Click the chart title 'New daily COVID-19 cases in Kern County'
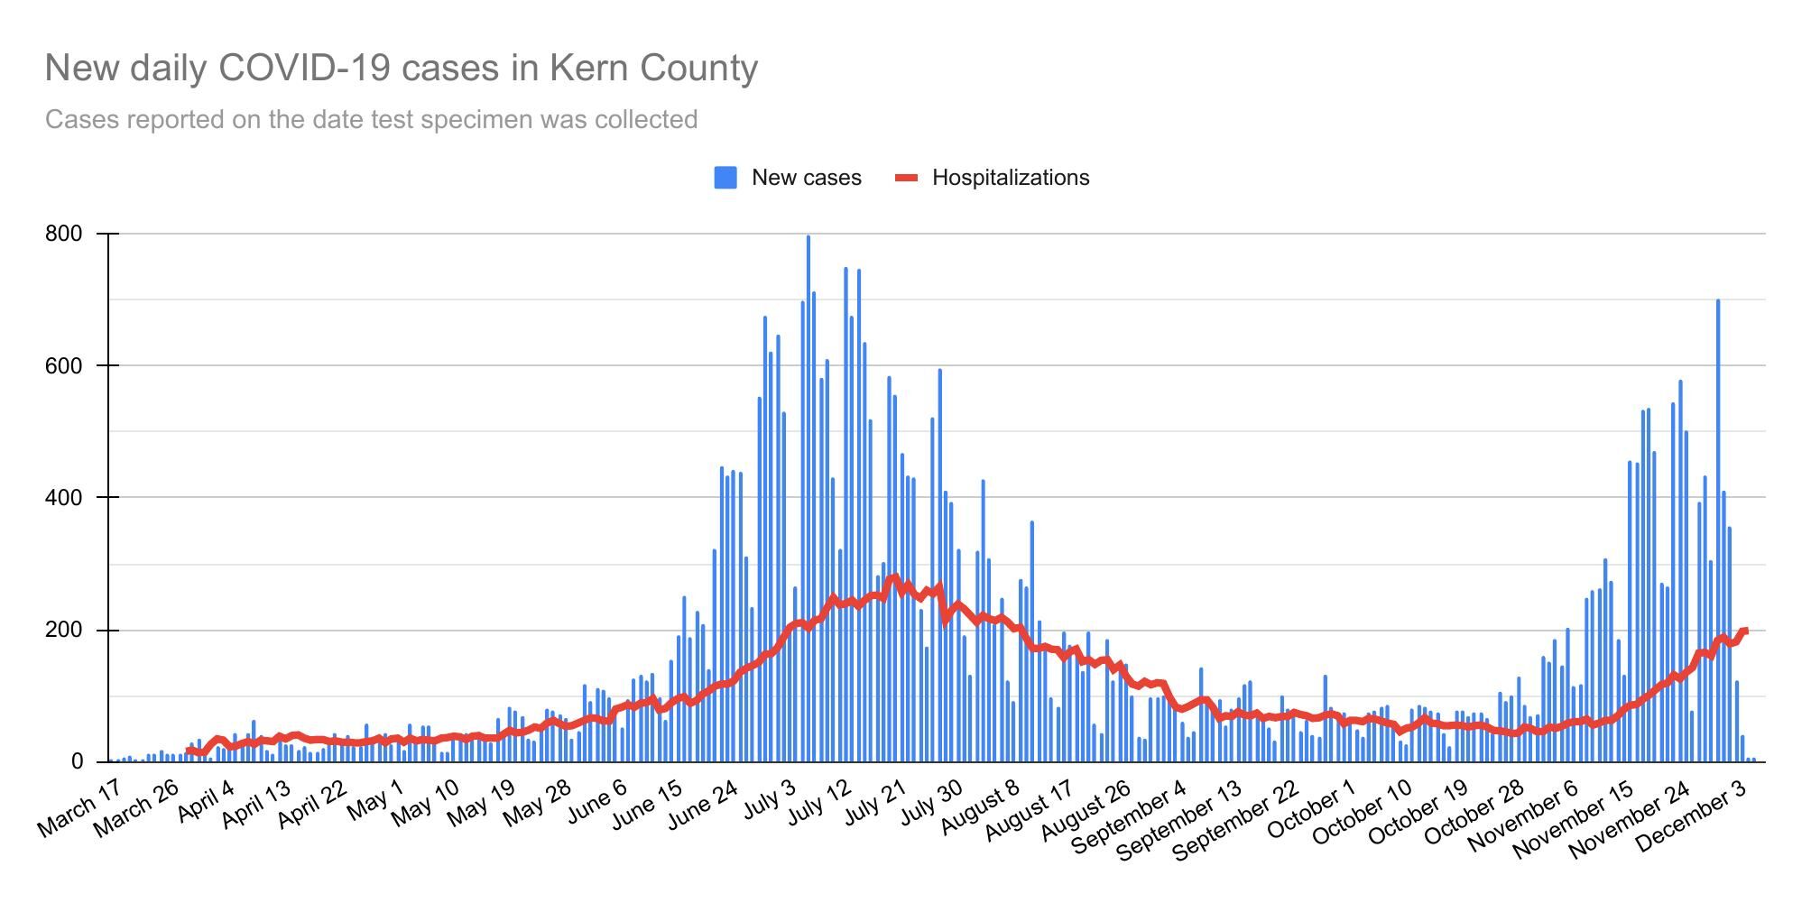[402, 69]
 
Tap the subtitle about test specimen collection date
[371, 120]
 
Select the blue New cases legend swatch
[725, 178]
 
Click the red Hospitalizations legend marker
[906, 178]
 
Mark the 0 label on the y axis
[77, 762]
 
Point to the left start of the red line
[189, 751]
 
